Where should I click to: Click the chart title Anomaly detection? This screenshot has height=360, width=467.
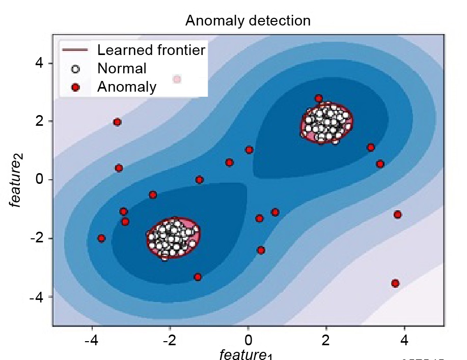pyautogui.click(x=248, y=21)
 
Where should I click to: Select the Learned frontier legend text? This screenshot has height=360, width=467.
pyautogui.click(x=151, y=50)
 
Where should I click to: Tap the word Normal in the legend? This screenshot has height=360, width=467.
pyautogui.click(x=122, y=68)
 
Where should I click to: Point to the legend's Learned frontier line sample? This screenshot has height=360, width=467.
pyautogui.click(x=75, y=50)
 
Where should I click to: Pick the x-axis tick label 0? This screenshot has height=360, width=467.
pyautogui.click(x=248, y=339)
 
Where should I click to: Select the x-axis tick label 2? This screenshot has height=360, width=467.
pyautogui.click(x=326, y=339)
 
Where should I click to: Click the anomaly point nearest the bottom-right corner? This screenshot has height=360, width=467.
pyautogui.click(x=395, y=283)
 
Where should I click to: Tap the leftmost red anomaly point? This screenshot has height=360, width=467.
pyautogui.click(x=102, y=238)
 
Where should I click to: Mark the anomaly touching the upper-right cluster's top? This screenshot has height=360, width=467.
pyautogui.click(x=319, y=98)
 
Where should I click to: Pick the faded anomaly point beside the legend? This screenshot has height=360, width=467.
pyautogui.click(x=177, y=79)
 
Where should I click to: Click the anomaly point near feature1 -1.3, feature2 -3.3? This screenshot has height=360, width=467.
pyautogui.click(x=198, y=277)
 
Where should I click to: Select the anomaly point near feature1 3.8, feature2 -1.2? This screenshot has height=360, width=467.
pyautogui.click(x=398, y=214)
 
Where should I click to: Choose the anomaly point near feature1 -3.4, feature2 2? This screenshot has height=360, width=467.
pyautogui.click(x=117, y=122)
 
